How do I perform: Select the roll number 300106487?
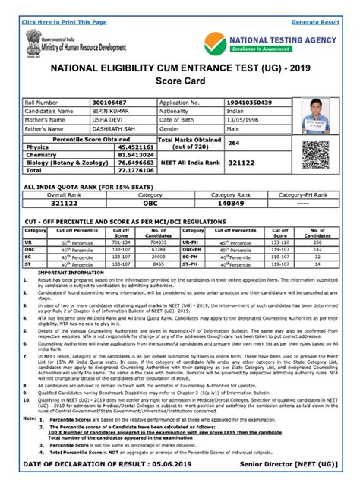109,102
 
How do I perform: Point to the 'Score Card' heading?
179,81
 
